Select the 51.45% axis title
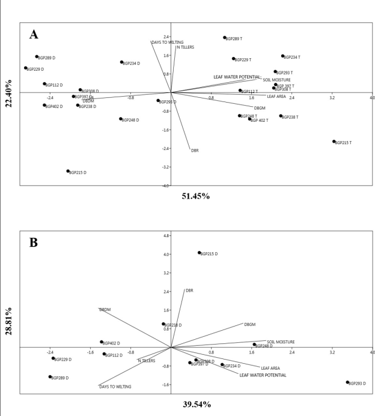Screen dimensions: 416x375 (196, 196)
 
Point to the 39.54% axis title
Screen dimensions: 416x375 (197, 404)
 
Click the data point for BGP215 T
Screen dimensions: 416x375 (334, 142)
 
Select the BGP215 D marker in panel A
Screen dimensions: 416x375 (68, 171)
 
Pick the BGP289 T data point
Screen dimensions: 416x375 (225, 38)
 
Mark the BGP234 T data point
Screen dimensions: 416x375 (282, 56)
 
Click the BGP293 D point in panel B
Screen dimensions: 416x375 (347, 382)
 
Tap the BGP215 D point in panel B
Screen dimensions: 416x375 (200, 253)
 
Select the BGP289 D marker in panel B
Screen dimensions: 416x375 (50, 377)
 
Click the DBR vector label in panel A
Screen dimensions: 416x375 (195, 151)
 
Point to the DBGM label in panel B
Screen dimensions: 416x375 (250, 324)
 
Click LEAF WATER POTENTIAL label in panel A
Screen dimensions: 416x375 (237, 77)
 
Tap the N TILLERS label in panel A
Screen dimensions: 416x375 (185, 47)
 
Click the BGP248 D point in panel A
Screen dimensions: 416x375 (121, 119)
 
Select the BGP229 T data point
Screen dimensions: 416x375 (233, 59)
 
